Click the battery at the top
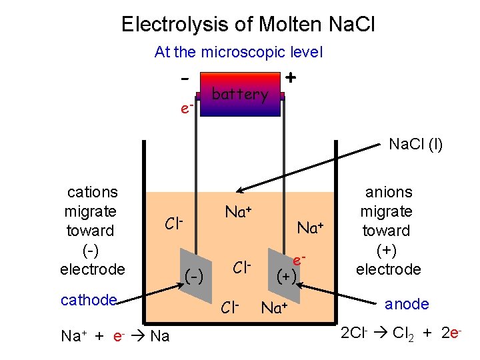(x=240, y=95)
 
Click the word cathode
(x=89, y=300)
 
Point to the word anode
(x=407, y=304)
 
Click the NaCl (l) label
(x=416, y=144)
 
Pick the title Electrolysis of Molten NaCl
(x=248, y=25)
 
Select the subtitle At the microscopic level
(x=238, y=52)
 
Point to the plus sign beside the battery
(x=291, y=77)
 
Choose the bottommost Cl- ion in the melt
(x=229, y=307)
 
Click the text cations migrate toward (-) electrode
(x=91, y=231)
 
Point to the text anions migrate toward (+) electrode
(x=387, y=231)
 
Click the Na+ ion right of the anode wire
(x=314, y=227)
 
